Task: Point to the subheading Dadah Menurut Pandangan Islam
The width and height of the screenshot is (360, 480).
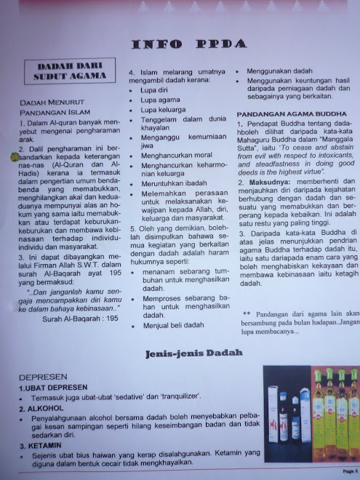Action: coord(51,108)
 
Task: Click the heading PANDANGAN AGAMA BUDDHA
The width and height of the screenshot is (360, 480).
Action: coord(289,114)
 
